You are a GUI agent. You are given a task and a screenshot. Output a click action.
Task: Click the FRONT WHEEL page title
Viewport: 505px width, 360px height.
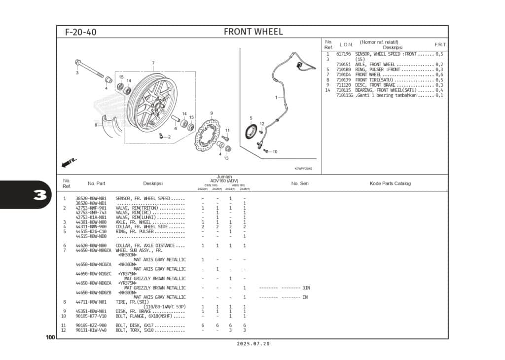coord(253,32)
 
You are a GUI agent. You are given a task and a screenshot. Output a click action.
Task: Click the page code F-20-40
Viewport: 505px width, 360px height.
coord(81,33)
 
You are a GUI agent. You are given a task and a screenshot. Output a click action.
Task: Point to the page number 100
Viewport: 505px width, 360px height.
coord(50,337)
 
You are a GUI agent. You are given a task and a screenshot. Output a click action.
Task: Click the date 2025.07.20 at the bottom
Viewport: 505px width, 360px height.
coord(253,344)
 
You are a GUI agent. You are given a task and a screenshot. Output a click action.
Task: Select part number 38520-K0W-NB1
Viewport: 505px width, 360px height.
coord(91,198)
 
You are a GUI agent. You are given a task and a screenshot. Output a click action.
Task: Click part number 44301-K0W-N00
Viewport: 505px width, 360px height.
coord(91,222)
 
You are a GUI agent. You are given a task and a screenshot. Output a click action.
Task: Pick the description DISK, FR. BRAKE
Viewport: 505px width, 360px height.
coord(133,311)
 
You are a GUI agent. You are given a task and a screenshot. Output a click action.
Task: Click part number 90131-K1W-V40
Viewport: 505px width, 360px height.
coord(91,330)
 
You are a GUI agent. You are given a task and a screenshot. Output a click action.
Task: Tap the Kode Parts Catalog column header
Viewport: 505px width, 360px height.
coord(390,183)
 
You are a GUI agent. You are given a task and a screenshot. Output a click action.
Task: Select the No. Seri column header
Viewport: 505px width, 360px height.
coord(299,183)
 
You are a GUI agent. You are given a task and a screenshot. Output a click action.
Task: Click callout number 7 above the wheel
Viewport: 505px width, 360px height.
coord(153,63)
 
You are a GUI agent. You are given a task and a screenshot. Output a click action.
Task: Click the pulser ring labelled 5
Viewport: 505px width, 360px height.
coord(252,132)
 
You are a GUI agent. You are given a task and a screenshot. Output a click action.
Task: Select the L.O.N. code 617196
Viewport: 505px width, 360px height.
coord(343,54)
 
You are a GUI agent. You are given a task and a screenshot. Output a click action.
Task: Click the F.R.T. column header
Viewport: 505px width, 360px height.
coord(440,44)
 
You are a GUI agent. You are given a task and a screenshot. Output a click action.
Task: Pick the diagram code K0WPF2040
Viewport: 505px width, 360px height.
coord(303,169)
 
